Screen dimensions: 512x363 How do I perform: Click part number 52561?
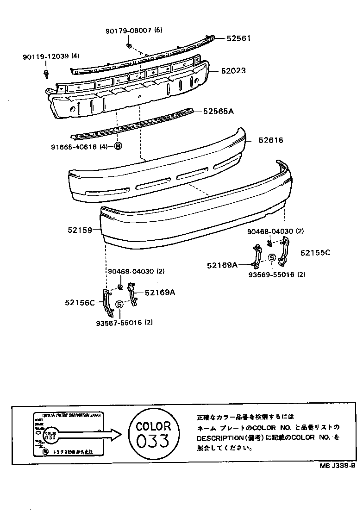point(238,38)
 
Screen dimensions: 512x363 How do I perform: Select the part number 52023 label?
point(233,71)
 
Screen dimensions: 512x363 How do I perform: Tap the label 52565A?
point(218,111)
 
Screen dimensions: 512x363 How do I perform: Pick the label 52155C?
point(315,253)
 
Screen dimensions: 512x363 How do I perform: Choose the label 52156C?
point(80,303)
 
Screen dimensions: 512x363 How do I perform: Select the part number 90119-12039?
point(45,56)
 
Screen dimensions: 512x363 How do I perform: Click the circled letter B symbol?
point(118,147)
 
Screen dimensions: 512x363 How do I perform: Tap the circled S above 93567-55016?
point(119,304)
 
